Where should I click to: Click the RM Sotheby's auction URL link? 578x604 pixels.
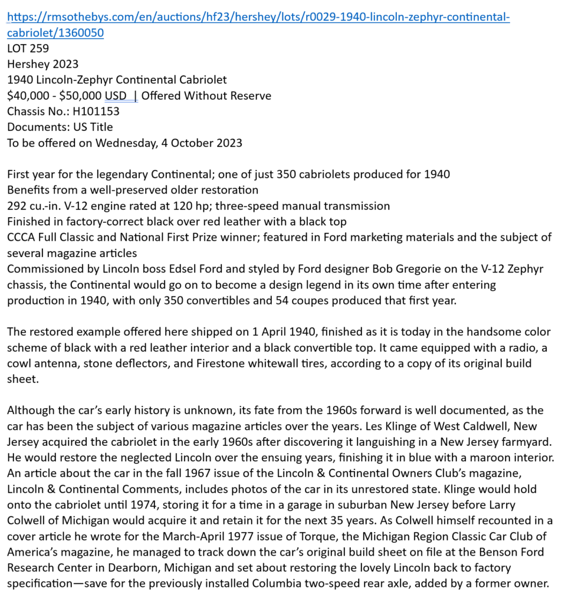258,17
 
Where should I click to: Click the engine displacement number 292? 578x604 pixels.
17,206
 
